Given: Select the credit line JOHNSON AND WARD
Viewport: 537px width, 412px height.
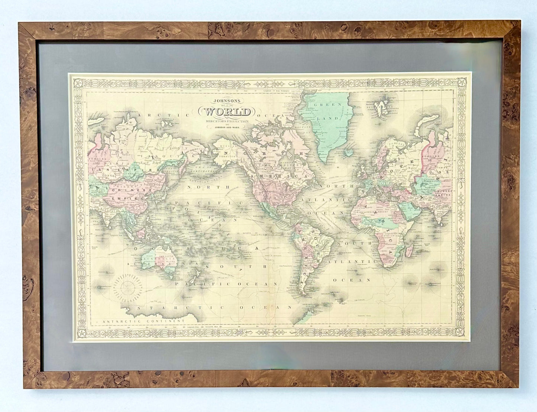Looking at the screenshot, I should tap(227, 127).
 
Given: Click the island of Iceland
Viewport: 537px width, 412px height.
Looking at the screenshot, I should tap(349, 152).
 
